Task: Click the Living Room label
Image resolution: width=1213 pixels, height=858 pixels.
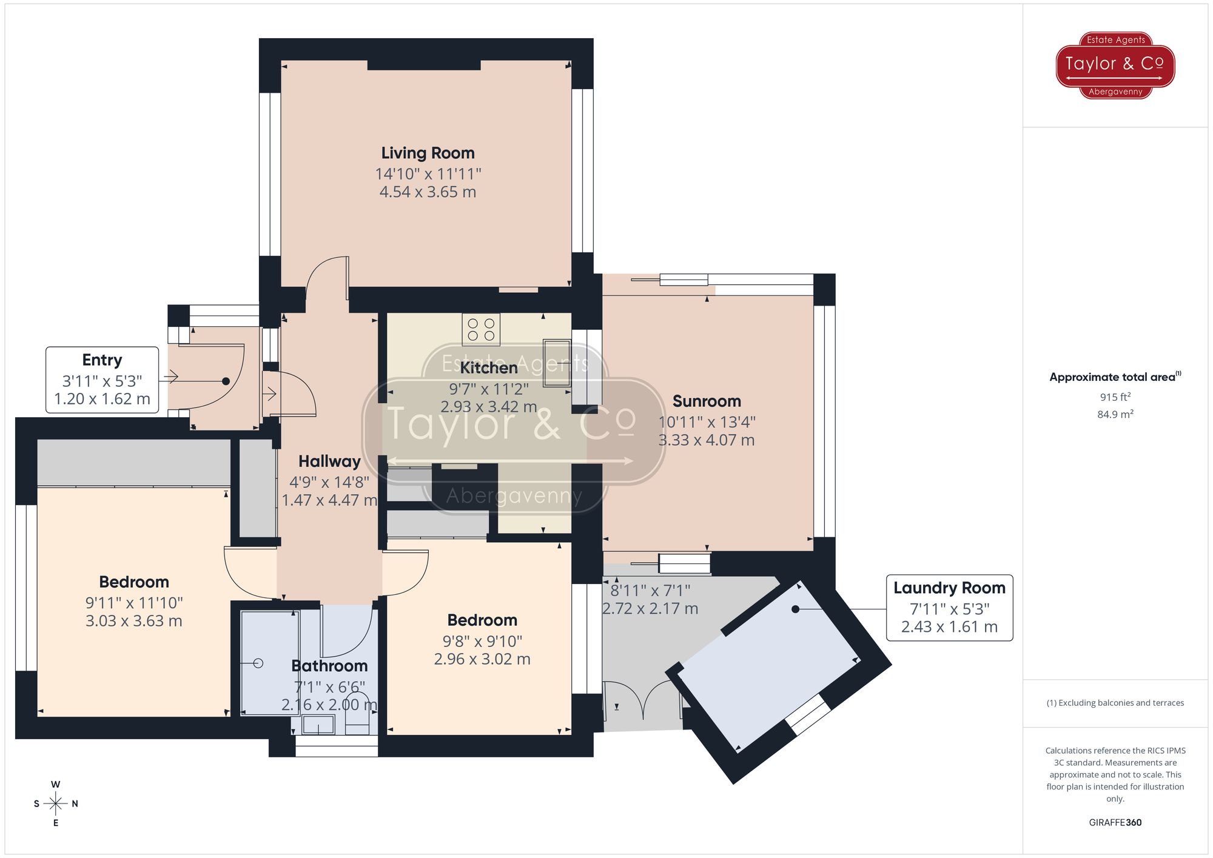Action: pyautogui.click(x=428, y=153)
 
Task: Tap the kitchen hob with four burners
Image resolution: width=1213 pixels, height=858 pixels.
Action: pyautogui.click(x=481, y=329)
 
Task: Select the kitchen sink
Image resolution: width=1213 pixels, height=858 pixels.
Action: pyautogui.click(x=557, y=363)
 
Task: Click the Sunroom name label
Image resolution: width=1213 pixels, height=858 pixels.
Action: pyautogui.click(x=707, y=401)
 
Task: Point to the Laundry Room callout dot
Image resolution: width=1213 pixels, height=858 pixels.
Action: pyautogui.click(x=795, y=609)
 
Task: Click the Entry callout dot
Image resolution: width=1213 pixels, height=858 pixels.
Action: pyautogui.click(x=226, y=381)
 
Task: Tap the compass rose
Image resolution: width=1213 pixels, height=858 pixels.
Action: pyautogui.click(x=56, y=804)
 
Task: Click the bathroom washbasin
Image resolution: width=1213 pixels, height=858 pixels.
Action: pyautogui.click(x=318, y=724)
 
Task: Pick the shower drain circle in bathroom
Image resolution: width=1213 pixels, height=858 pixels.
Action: pyautogui.click(x=258, y=663)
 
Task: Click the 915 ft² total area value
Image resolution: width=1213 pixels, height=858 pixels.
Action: pyautogui.click(x=1115, y=397)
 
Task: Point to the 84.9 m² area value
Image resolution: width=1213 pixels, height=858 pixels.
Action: pyautogui.click(x=1115, y=414)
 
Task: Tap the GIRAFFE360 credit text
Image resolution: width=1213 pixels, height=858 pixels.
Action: pyautogui.click(x=1115, y=823)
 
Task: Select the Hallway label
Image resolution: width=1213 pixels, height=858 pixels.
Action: pyautogui.click(x=329, y=461)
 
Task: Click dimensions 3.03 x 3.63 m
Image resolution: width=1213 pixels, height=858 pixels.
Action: pyautogui.click(x=134, y=621)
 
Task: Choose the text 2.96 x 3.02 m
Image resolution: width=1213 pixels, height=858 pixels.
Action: pyautogui.click(x=482, y=659)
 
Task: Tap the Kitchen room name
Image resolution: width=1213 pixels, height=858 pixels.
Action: pyautogui.click(x=489, y=368)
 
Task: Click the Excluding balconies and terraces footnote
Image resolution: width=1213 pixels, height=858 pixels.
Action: pyautogui.click(x=1115, y=703)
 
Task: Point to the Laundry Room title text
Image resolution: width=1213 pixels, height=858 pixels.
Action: pyautogui.click(x=949, y=588)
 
